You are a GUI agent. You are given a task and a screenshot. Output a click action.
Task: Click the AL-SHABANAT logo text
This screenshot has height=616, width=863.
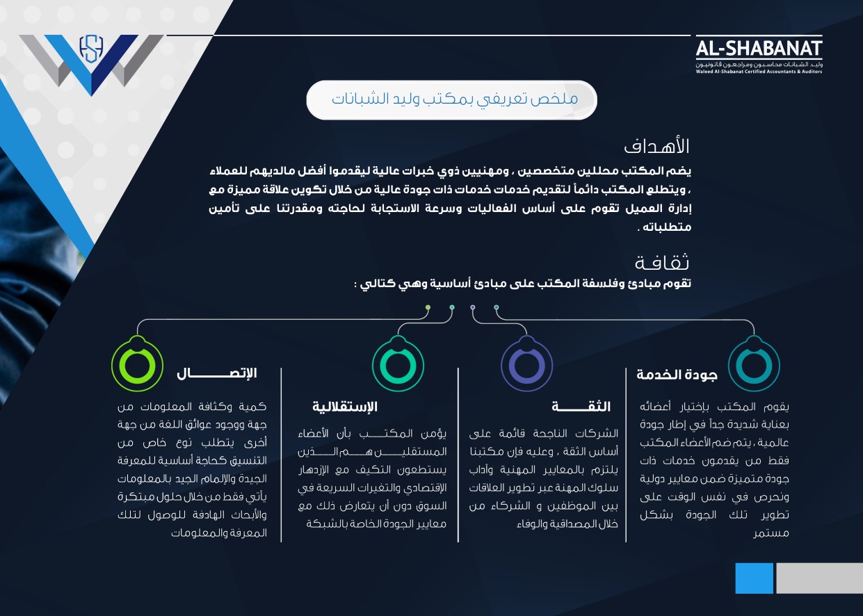tap(759, 49)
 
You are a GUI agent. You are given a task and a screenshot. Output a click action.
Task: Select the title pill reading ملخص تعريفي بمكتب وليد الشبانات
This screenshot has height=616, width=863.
tap(452, 99)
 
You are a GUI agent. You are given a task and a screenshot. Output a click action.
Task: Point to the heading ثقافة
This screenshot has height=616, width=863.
tap(663, 263)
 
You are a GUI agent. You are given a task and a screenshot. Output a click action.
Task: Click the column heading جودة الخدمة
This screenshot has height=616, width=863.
tap(677, 374)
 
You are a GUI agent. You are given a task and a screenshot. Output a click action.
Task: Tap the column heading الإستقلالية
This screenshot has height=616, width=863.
tap(345, 407)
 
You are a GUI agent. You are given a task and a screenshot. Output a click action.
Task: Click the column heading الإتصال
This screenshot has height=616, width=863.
tap(216, 373)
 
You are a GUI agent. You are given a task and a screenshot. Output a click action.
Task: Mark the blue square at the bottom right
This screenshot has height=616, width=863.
tap(754, 578)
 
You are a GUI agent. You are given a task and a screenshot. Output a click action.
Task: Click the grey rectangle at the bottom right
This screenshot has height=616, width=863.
tap(819, 578)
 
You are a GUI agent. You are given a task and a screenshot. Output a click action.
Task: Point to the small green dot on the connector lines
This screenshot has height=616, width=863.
tap(428, 307)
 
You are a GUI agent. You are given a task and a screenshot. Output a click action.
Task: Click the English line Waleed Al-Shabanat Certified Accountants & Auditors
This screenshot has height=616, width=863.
tap(759, 71)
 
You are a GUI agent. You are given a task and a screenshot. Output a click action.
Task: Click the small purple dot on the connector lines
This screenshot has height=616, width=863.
tap(473, 307)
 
